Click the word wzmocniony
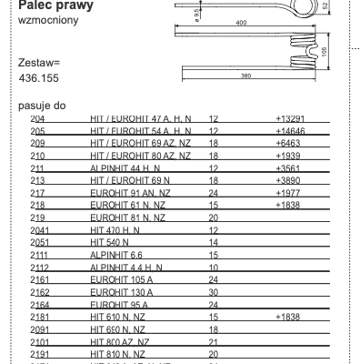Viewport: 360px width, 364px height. pyautogui.click(x=45, y=19)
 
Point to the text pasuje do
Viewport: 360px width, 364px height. pyautogui.click(x=42, y=106)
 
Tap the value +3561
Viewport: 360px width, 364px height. pyautogui.click(x=287, y=168)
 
